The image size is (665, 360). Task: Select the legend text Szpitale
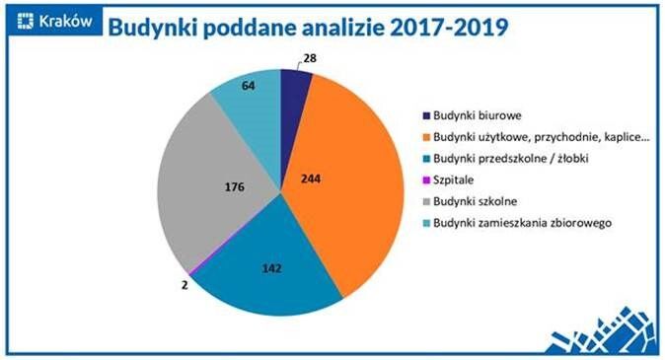[457, 180]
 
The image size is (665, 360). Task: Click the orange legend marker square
[425, 136]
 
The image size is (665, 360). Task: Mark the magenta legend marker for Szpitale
[425, 180]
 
